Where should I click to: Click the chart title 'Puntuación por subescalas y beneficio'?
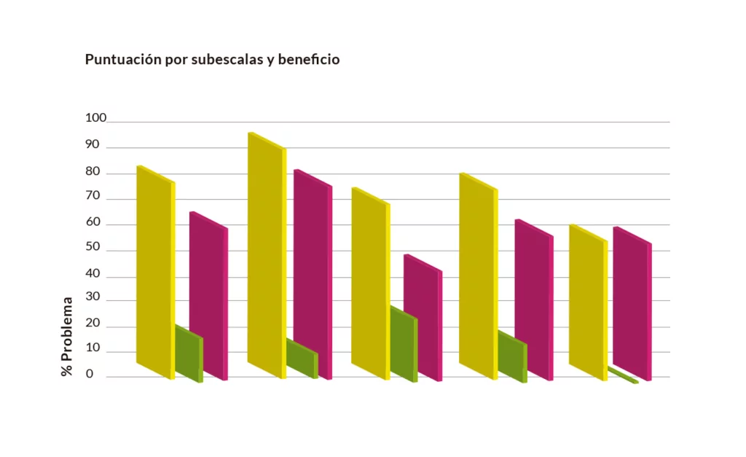[x=212, y=60]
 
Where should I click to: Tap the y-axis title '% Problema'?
[x=67, y=336]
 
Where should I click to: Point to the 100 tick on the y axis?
[x=95, y=118]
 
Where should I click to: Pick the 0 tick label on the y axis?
[x=90, y=375]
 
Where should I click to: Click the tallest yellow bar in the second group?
[x=265, y=255]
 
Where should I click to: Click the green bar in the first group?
[x=188, y=354]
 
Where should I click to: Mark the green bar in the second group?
[x=301, y=358]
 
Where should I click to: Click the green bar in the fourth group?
[x=511, y=357]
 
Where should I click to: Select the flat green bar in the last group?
[x=623, y=376]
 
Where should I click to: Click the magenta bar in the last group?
[x=631, y=302]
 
